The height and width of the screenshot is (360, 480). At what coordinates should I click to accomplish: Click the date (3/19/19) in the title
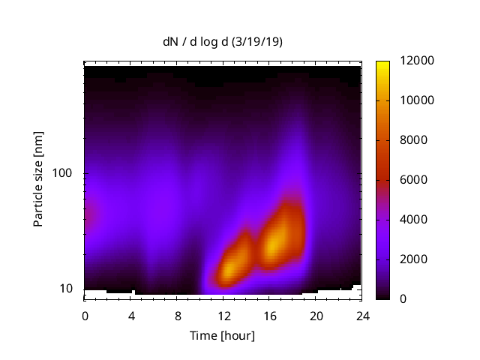pos(259,42)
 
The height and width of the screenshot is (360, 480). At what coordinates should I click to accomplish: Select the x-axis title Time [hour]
pos(222,335)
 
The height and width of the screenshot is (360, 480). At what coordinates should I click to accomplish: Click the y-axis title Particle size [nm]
pos(38,180)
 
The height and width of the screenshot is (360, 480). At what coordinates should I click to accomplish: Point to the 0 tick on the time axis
pos(85,315)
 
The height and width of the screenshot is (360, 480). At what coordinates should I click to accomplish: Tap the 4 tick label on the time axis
pos(131,315)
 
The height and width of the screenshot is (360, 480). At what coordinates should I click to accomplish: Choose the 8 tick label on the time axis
pos(178,315)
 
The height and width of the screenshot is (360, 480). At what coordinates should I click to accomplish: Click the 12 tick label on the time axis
pos(223,315)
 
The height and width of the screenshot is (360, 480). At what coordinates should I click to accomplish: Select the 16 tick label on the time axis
pos(270,315)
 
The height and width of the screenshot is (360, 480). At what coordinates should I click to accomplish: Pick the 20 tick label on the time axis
pos(316,315)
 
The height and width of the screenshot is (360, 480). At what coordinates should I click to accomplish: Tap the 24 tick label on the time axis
pos(362,315)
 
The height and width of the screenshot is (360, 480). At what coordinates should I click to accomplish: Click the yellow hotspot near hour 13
pos(234,264)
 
